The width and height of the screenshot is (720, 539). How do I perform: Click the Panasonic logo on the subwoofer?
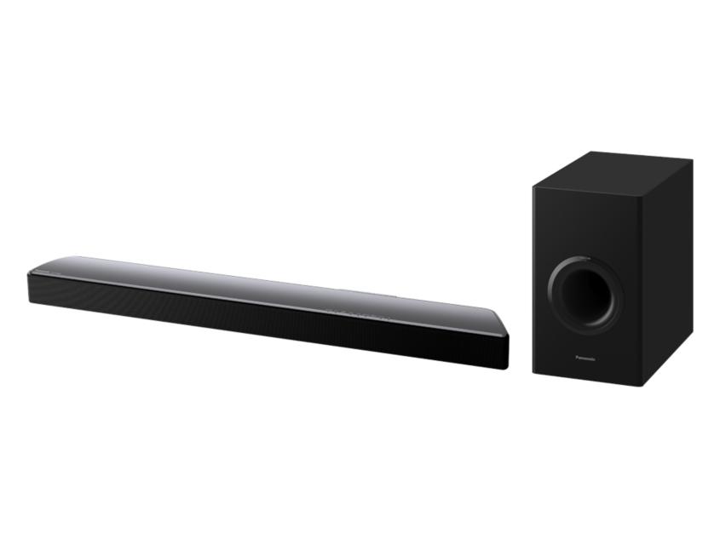pyautogui.click(x=585, y=358)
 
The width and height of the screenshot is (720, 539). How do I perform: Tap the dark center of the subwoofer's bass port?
pyautogui.click(x=586, y=293)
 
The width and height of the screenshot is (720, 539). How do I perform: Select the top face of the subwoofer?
pyautogui.click(x=612, y=170)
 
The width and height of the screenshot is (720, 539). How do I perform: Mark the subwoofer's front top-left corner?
pyautogui.click(x=533, y=186)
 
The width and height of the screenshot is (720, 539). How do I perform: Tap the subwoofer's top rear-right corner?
pyautogui.click(x=690, y=160)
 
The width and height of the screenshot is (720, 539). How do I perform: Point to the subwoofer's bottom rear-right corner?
pyautogui.click(x=691, y=332)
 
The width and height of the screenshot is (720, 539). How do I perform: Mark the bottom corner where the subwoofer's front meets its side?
pyautogui.click(x=641, y=385)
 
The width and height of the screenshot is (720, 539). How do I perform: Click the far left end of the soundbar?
pyautogui.click(x=30, y=282)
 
